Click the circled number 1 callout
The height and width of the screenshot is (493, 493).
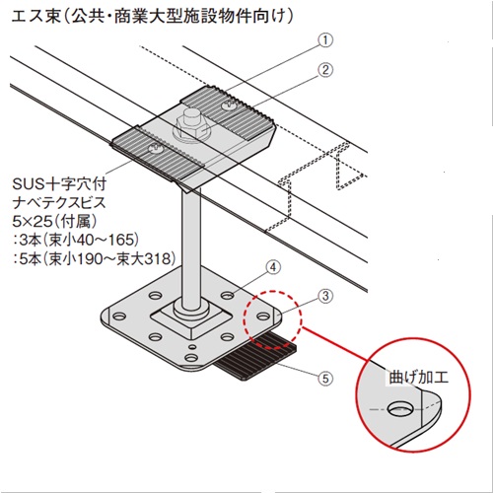click(325, 40)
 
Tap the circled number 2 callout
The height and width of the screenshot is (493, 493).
click(325, 70)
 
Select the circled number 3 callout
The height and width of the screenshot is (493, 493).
click(325, 296)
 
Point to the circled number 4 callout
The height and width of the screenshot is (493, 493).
click(273, 267)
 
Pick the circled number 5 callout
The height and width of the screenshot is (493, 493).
click(325, 379)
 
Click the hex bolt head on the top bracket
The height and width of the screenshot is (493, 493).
click(191, 126)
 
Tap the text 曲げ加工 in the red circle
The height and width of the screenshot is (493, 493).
click(418, 378)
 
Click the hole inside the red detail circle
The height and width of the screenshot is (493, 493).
click(399, 409)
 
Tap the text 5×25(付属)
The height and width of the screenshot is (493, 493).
click(54, 222)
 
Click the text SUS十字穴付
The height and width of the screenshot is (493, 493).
click(59, 184)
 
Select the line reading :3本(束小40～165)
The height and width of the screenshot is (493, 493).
click(76, 241)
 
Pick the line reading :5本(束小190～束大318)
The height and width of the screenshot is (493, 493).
click(94, 259)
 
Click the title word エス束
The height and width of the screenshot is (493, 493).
click(36, 17)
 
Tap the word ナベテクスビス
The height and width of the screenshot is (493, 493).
click(59, 203)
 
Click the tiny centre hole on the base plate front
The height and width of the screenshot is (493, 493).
click(192, 346)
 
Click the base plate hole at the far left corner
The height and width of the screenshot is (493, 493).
click(119, 317)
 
